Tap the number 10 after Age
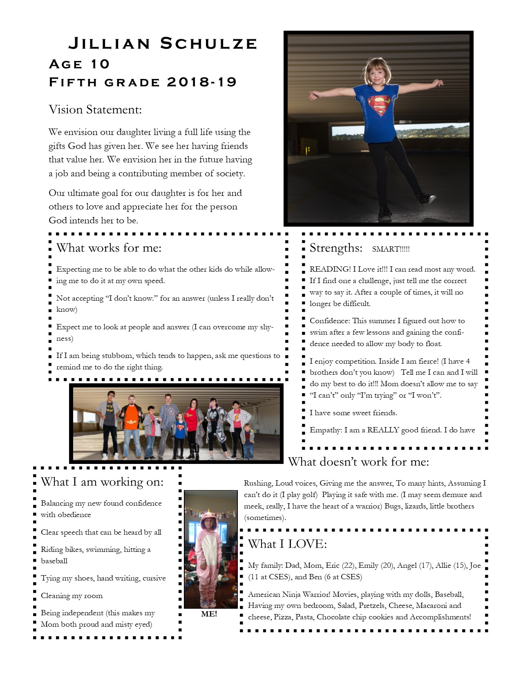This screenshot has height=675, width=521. pos(100,64)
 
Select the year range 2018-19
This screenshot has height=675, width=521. pos(202,82)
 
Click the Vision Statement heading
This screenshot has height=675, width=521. pos(95,110)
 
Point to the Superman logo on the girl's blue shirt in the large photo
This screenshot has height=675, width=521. pos(379,103)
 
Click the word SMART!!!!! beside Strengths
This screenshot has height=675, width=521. pos(391,249)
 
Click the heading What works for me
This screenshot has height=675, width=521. pos(109,248)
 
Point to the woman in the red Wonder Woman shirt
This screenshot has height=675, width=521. pos(191,425)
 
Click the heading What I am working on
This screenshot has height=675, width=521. pos(102,482)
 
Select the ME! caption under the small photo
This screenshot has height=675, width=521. pos(209,614)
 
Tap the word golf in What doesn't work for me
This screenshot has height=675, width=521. pos(309,495)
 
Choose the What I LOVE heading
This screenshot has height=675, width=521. pos(287,544)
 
